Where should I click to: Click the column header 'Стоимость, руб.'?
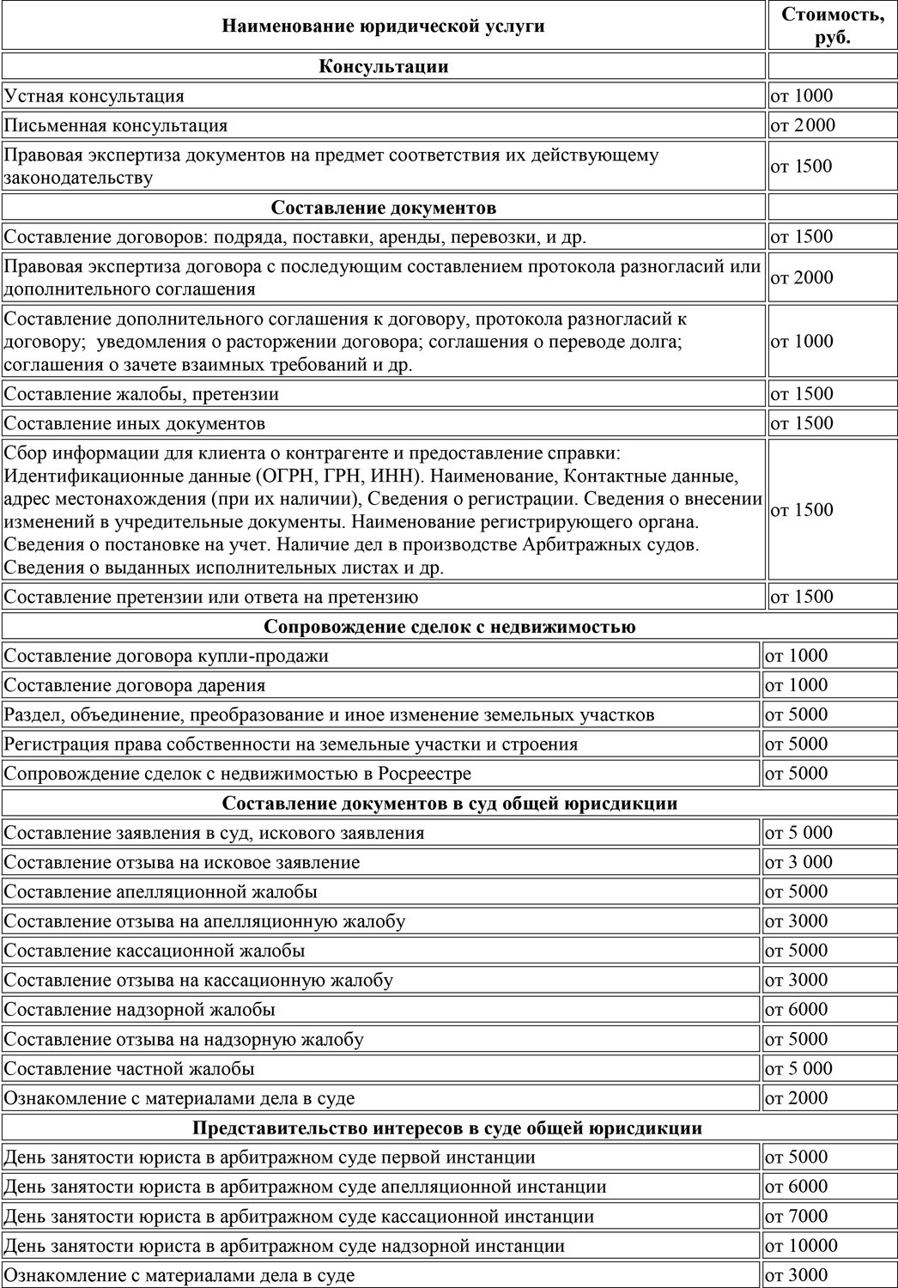coord(831,26)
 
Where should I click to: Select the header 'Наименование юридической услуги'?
coord(383,26)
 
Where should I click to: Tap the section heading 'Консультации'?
coord(383,66)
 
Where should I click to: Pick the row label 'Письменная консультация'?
coord(116,125)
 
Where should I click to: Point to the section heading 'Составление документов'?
coord(383,208)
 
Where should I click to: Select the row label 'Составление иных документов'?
coord(135,423)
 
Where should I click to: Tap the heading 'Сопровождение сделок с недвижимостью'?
coord(449,627)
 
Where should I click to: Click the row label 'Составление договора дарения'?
coord(135,685)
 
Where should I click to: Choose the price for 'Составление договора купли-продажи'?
coord(796,656)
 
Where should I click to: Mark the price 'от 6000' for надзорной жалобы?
coord(796,1010)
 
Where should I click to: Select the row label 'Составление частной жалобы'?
coord(130,1069)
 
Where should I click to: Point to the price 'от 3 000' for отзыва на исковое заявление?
coord(798,862)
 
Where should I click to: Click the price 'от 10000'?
coord(801,1246)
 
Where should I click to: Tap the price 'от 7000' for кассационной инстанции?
coord(796,1217)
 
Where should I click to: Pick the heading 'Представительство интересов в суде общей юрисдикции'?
coord(447,1128)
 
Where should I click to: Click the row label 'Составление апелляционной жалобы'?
coord(161,892)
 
